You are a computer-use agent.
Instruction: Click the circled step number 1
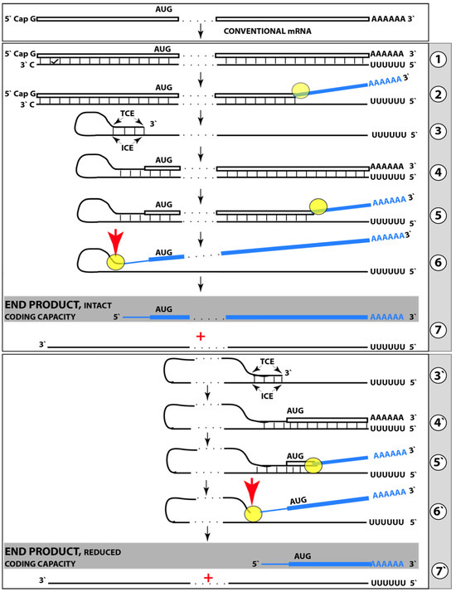(439, 59)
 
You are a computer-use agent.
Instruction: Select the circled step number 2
(439, 94)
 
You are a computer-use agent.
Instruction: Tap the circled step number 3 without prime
(439, 131)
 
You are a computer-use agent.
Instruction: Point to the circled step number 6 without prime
(439, 262)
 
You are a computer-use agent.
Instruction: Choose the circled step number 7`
(439, 571)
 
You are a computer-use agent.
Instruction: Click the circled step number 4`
(439, 423)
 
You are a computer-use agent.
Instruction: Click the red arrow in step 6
(115, 244)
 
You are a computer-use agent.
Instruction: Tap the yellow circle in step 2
(301, 90)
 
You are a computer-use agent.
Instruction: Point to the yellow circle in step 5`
(313, 465)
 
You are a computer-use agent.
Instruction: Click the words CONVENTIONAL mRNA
(268, 32)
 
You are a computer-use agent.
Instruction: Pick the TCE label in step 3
(127, 114)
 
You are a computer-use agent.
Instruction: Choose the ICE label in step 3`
(267, 396)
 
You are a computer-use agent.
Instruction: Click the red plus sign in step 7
(201, 336)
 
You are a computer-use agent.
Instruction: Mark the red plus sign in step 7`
(208, 577)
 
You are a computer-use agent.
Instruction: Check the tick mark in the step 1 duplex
(55, 61)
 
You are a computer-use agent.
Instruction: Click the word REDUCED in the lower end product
(102, 552)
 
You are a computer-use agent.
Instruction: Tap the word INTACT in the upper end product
(98, 305)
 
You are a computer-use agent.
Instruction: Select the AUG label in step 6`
(298, 501)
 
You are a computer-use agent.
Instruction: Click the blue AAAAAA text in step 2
(385, 81)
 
